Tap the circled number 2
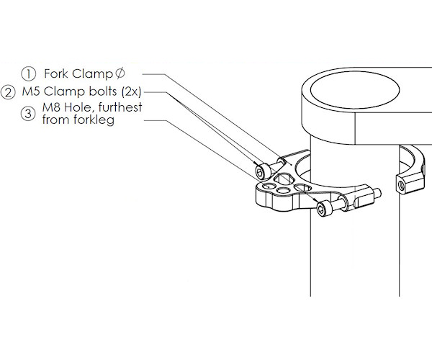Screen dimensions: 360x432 9,92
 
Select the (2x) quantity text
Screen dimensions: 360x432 132,92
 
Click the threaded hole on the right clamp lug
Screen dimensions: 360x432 400,185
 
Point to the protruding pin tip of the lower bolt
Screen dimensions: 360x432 377,192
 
